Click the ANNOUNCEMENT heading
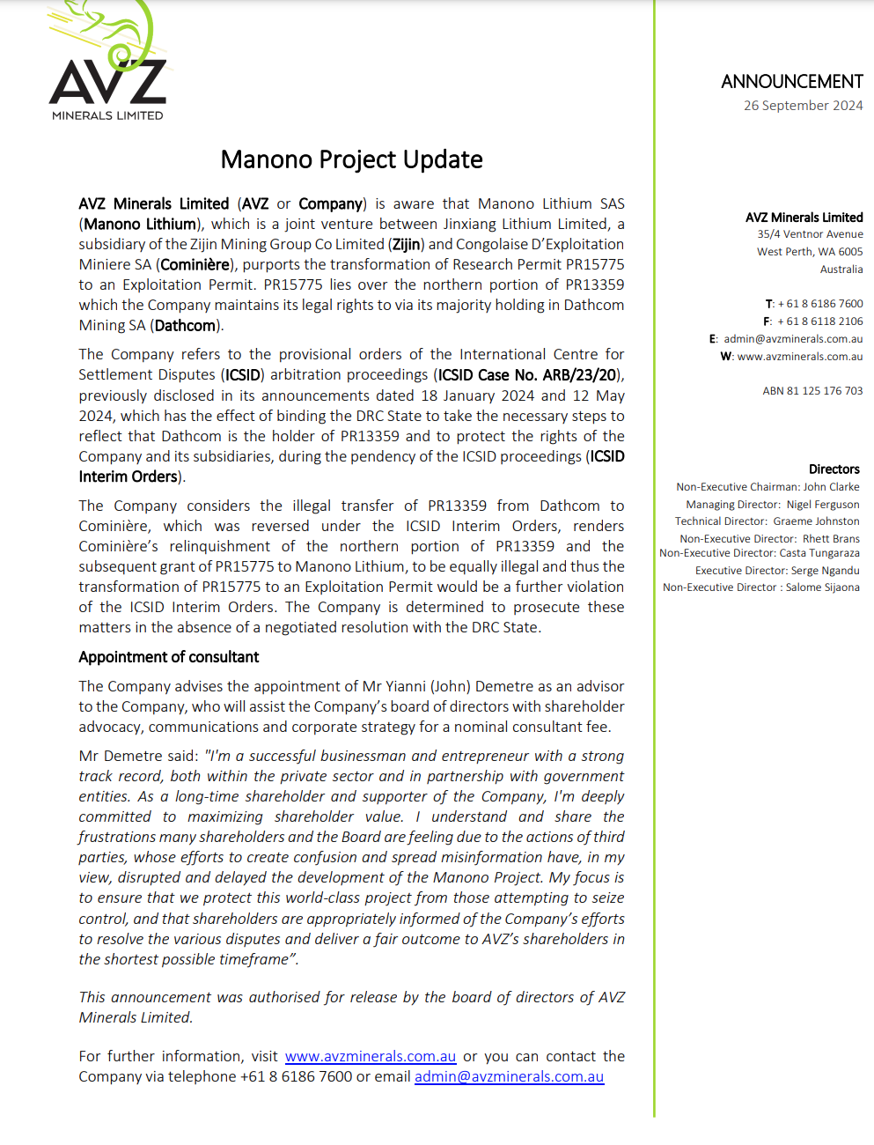(x=791, y=82)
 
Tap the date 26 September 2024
(x=803, y=106)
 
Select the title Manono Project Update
(x=351, y=159)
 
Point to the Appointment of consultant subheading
(x=168, y=657)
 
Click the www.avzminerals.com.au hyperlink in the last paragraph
(x=371, y=1056)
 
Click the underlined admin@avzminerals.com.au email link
(x=509, y=1076)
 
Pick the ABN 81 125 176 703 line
(x=812, y=391)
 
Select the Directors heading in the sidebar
(x=834, y=469)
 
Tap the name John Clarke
(x=831, y=487)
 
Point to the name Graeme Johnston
(x=816, y=521)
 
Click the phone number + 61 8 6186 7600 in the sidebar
(x=819, y=304)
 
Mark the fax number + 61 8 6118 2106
(x=819, y=321)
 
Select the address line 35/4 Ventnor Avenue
(x=810, y=234)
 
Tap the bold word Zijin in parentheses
(x=407, y=244)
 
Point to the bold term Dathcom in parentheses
(x=185, y=326)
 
